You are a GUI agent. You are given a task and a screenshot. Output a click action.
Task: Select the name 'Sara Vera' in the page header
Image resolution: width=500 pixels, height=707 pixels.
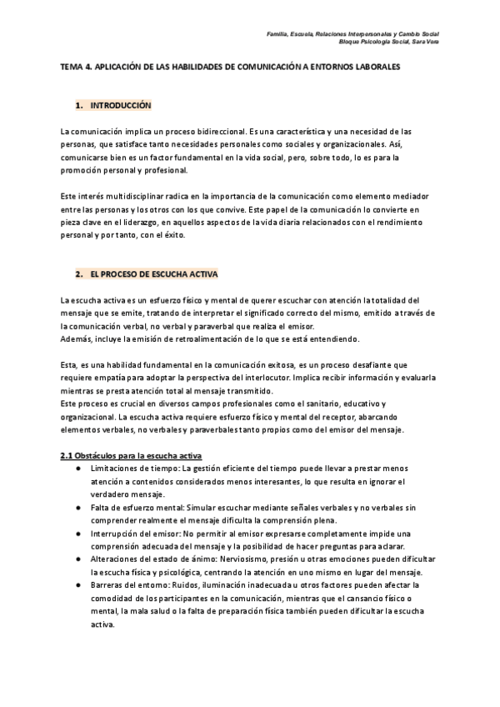point(424,42)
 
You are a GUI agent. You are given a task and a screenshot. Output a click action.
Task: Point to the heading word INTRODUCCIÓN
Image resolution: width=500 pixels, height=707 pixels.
point(120,107)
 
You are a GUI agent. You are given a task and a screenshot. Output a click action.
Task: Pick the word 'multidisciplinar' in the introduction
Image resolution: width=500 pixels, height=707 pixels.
point(128,194)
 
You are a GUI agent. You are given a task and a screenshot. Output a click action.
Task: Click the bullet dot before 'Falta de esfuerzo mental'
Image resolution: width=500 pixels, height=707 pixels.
point(78,508)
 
